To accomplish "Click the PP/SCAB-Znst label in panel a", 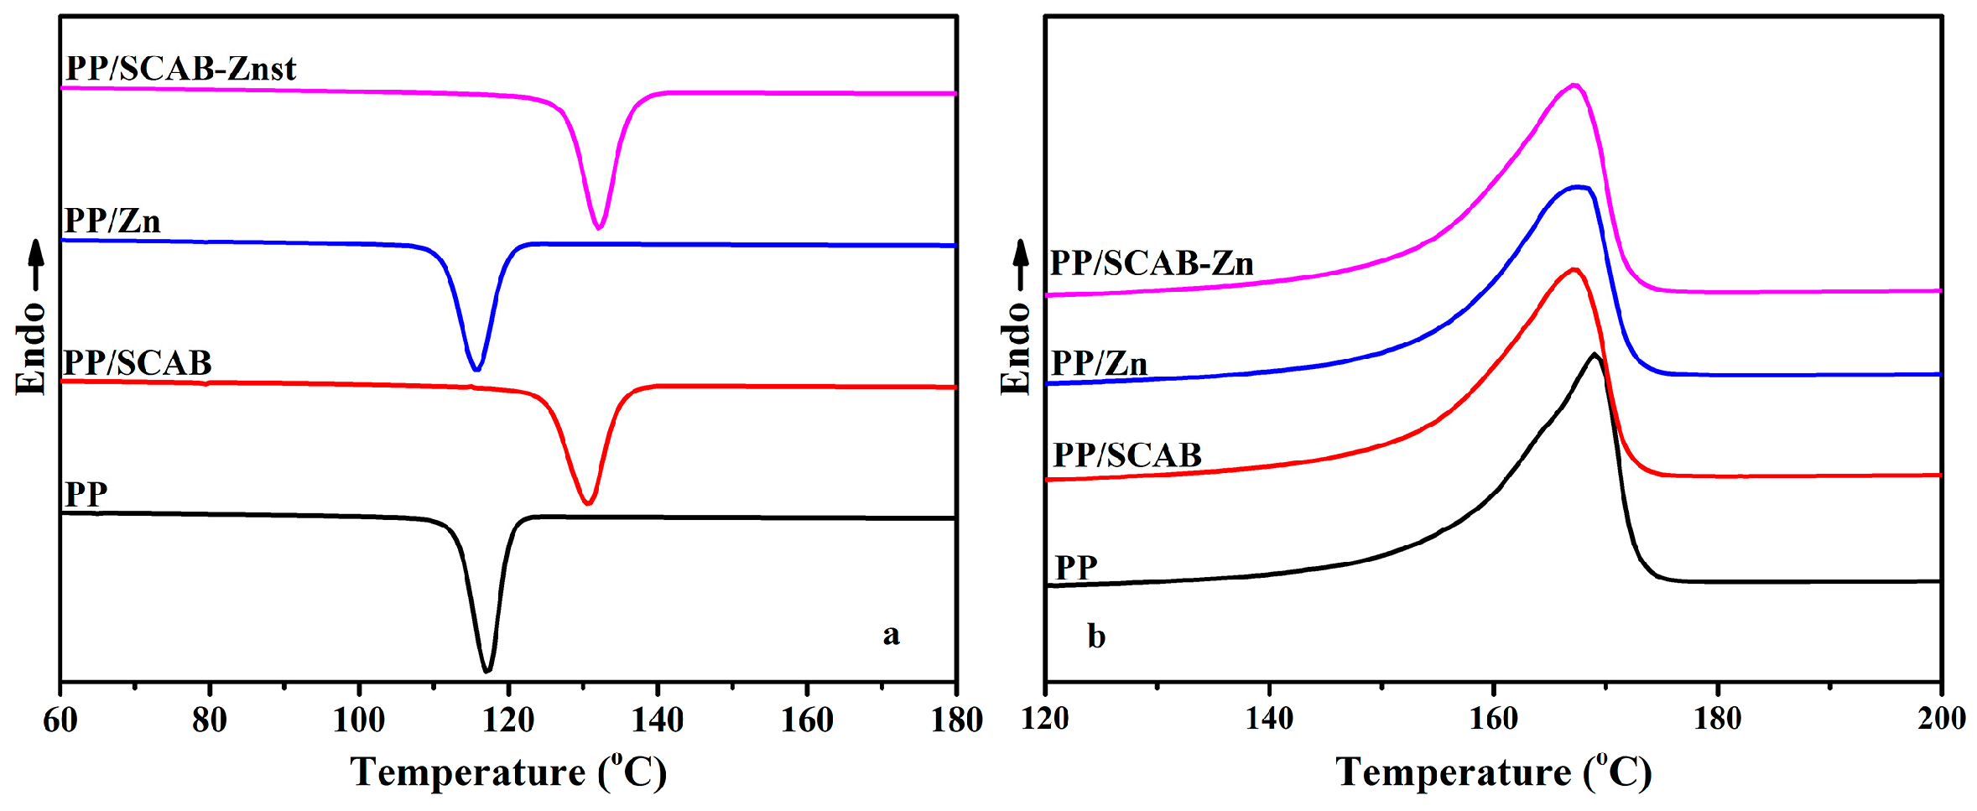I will [x=180, y=69].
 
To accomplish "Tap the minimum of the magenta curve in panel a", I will [x=598, y=227].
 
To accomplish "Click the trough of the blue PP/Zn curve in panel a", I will [x=476, y=369].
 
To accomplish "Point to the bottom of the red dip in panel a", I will [x=588, y=503].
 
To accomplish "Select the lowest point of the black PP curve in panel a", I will [x=487, y=671].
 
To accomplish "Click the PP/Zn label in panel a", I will [x=112, y=221].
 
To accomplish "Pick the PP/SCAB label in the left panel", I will [x=138, y=363].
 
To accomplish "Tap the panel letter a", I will [x=891, y=634].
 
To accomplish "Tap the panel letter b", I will [x=1095, y=637].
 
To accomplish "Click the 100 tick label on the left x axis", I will [x=359, y=720].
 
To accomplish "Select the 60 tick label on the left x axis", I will [x=60, y=720].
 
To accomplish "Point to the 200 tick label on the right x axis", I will [x=1941, y=719].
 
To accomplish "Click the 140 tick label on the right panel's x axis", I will [x=1269, y=719].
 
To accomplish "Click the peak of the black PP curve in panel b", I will [x=1594, y=355].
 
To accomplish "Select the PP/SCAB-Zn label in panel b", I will [x=1152, y=264].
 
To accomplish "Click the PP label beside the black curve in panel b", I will [x=1076, y=568].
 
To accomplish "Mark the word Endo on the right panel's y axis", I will [x=1016, y=348].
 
